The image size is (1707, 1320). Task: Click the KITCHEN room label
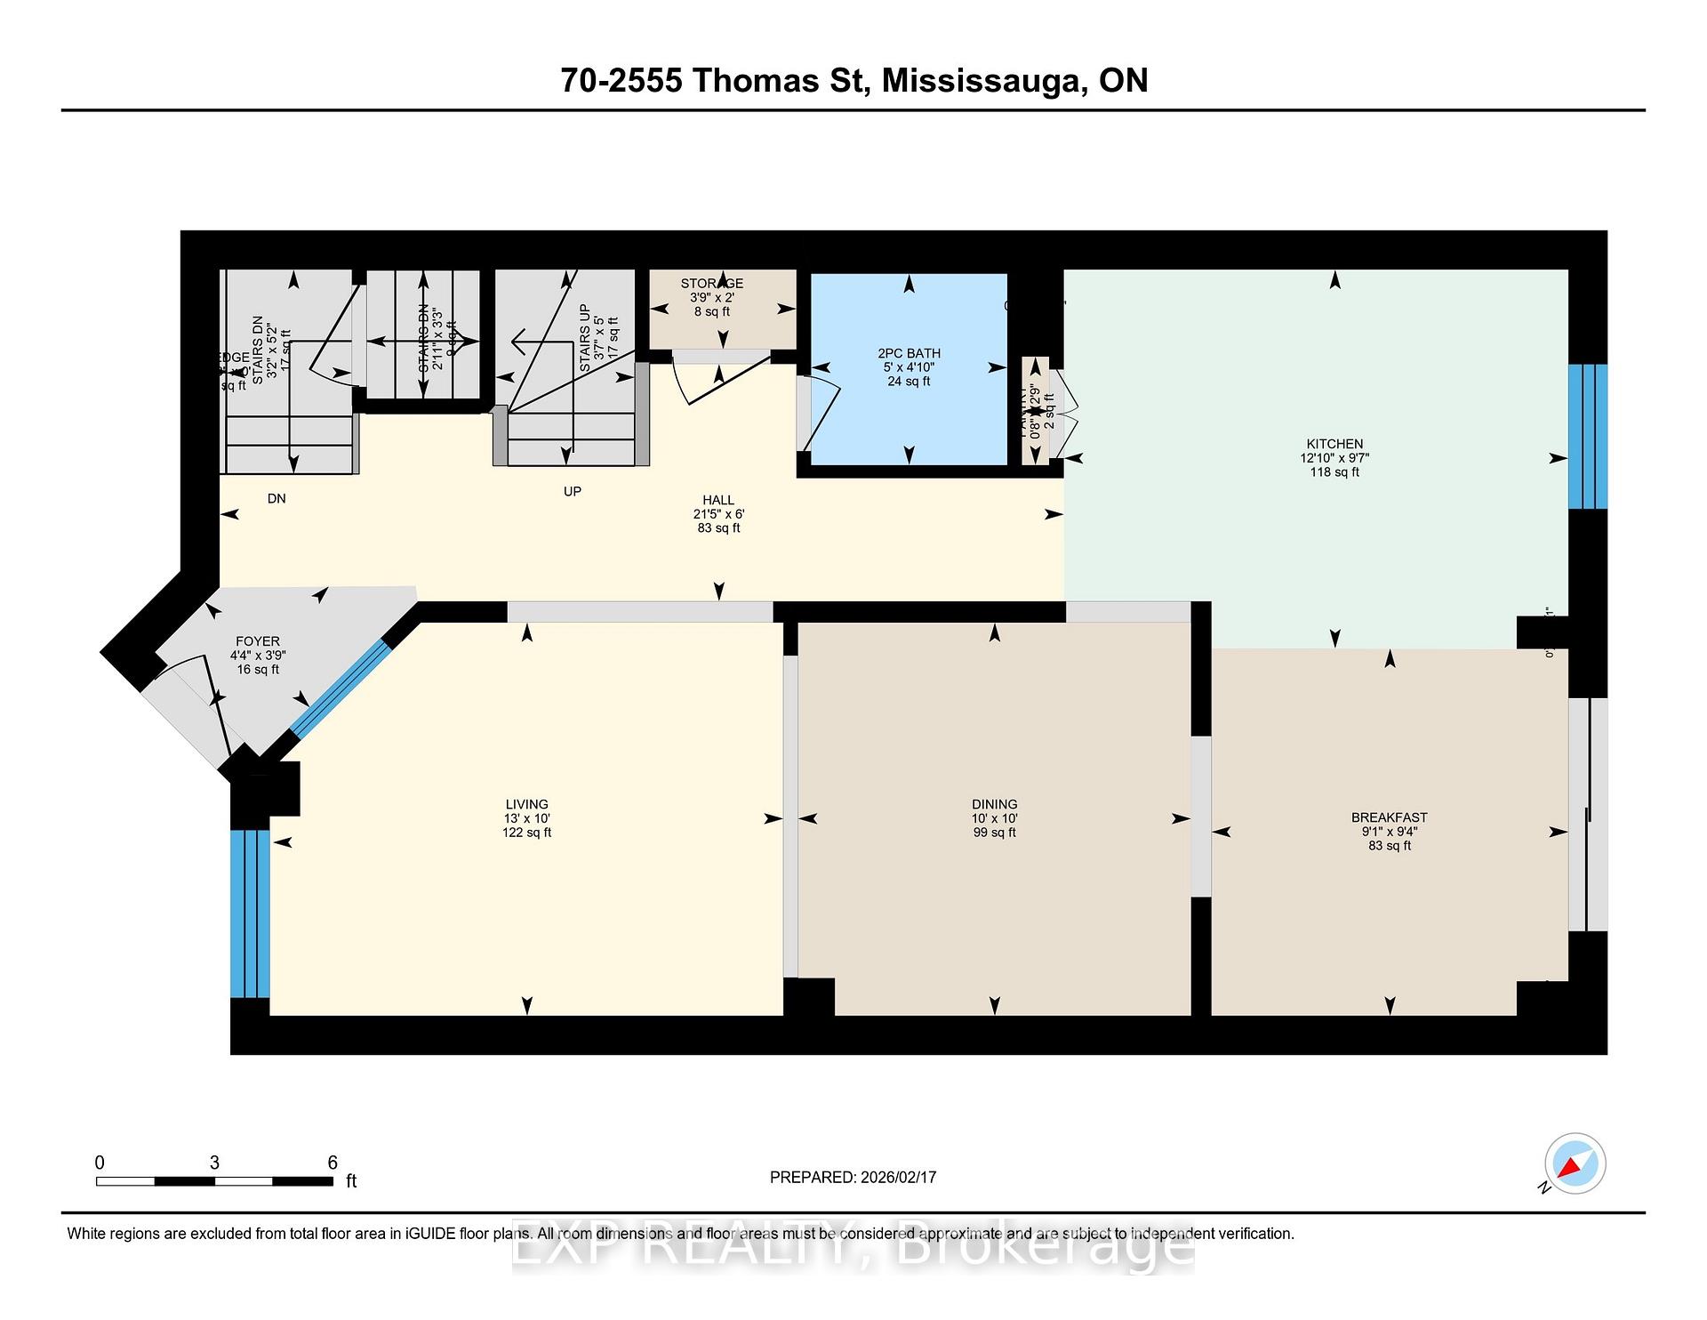1334,444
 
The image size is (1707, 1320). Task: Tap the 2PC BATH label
909,353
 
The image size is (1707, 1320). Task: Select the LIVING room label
526,804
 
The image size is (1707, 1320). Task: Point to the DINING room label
994,804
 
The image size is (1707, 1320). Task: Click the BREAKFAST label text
1389,817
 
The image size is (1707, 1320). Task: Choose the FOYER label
258,641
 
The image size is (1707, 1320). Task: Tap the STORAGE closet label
712,284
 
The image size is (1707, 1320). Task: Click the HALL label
718,500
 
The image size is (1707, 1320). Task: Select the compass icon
1575,1163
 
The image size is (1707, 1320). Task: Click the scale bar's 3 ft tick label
214,1163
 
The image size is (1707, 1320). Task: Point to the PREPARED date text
853,1177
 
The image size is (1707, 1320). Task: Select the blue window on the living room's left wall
249,914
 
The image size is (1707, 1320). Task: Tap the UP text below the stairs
572,491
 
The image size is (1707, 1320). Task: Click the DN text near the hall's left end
276,498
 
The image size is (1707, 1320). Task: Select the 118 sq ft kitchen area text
1334,472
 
